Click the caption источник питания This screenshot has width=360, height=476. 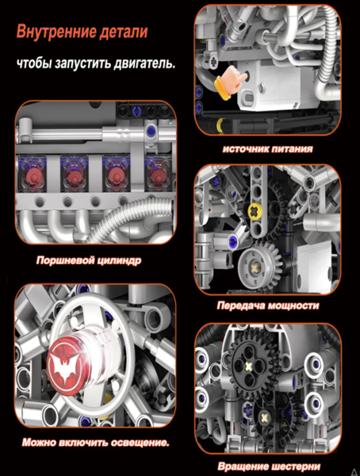point(267,149)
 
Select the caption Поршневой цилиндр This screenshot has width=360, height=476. point(89,260)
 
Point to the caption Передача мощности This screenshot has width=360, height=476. point(268,305)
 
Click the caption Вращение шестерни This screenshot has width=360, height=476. point(269,466)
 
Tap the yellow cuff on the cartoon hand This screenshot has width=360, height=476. point(221,88)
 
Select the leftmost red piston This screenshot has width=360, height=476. point(33,175)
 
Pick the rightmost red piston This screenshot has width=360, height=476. point(157,175)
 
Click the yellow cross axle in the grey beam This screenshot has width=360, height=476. point(255,210)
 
